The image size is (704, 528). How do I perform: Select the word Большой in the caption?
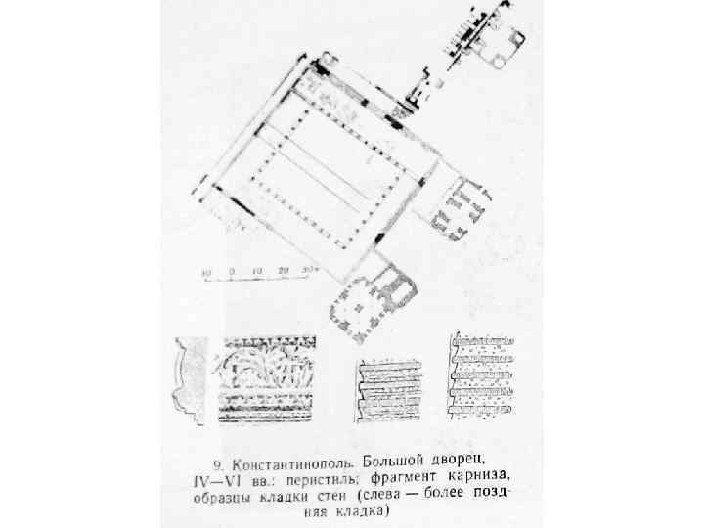tap(395, 460)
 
